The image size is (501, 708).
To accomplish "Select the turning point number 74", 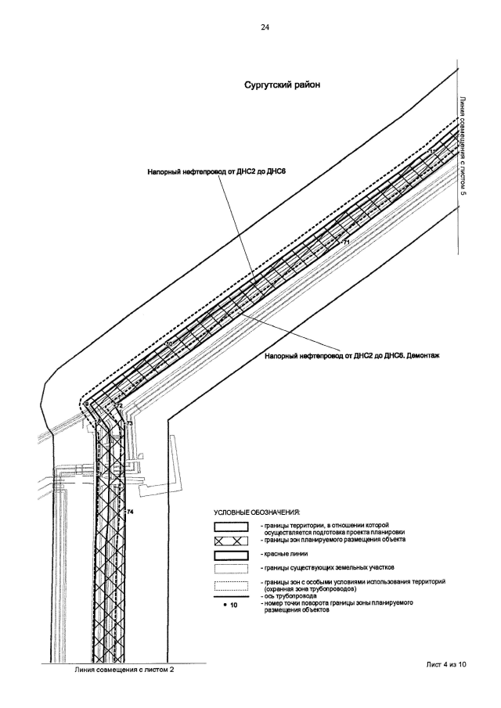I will coord(131,511).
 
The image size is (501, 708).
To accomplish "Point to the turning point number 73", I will coord(129,422).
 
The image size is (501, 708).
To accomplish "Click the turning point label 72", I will coord(119,406).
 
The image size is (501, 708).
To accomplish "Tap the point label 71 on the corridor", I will coord(345,244).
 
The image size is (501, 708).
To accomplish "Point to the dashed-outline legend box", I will coord(231,587).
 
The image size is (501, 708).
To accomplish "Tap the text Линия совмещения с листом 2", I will coord(124,670).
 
